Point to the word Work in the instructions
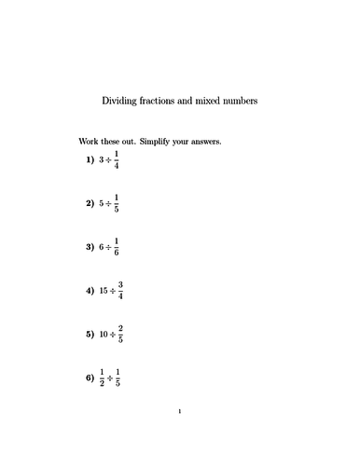point(90,143)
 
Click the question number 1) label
point(90,160)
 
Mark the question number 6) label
point(90,378)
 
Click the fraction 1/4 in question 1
point(118,160)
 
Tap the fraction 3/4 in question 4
point(121,291)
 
